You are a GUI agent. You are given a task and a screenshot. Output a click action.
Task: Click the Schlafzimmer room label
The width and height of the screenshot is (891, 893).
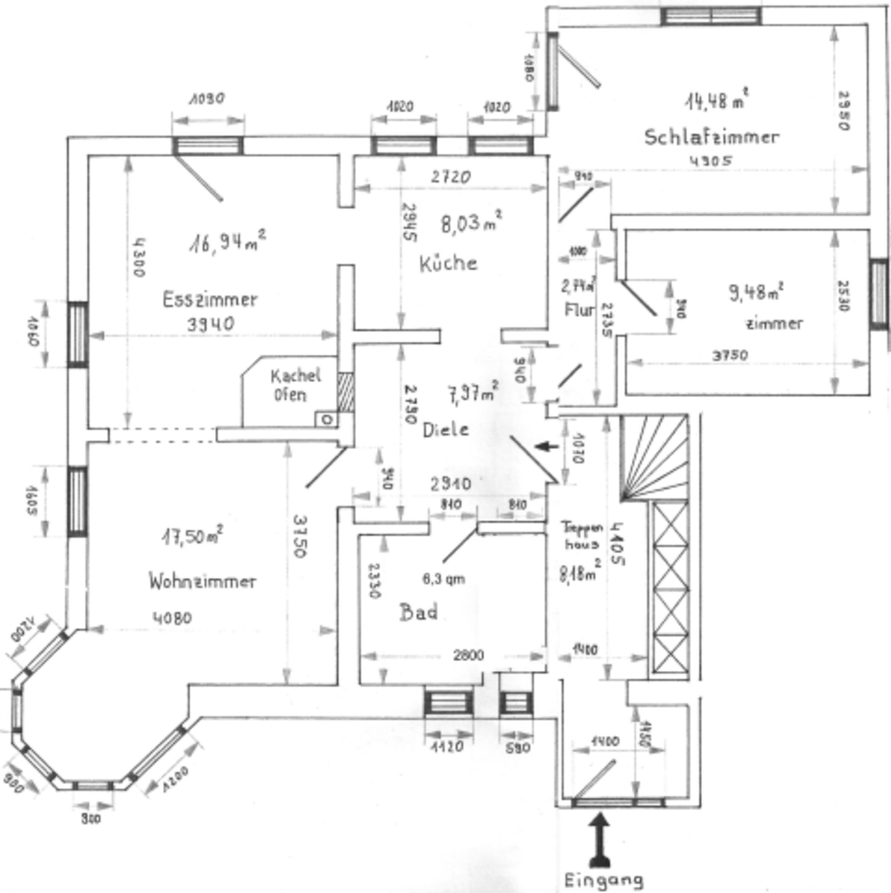pyautogui.click(x=712, y=137)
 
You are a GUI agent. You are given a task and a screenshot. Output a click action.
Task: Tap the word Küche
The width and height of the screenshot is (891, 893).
pyautogui.click(x=448, y=263)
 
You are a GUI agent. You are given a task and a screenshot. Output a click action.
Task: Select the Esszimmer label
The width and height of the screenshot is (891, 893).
pyautogui.click(x=210, y=300)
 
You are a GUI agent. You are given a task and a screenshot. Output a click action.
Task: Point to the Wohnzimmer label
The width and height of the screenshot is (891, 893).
pyautogui.click(x=202, y=581)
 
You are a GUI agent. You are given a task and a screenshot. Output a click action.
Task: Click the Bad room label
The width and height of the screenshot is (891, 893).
pyautogui.click(x=419, y=613)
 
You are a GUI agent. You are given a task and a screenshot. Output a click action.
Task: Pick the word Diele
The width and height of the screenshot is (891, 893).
pyautogui.click(x=446, y=430)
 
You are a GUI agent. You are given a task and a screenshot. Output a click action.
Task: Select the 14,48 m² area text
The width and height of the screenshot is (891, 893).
pyautogui.click(x=716, y=100)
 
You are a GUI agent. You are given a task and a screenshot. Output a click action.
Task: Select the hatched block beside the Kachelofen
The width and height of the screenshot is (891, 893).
pyautogui.click(x=345, y=393)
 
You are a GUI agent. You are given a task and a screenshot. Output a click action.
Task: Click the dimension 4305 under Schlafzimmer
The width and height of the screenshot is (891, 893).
pyautogui.click(x=711, y=161)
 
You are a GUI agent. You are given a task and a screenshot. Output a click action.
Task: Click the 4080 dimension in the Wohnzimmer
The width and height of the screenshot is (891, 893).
pyautogui.click(x=172, y=619)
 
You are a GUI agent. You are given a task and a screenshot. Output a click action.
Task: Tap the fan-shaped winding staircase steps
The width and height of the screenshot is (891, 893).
pyautogui.click(x=653, y=458)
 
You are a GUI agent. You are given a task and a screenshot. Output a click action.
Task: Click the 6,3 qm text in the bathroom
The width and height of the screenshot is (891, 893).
pyautogui.click(x=444, y=579)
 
